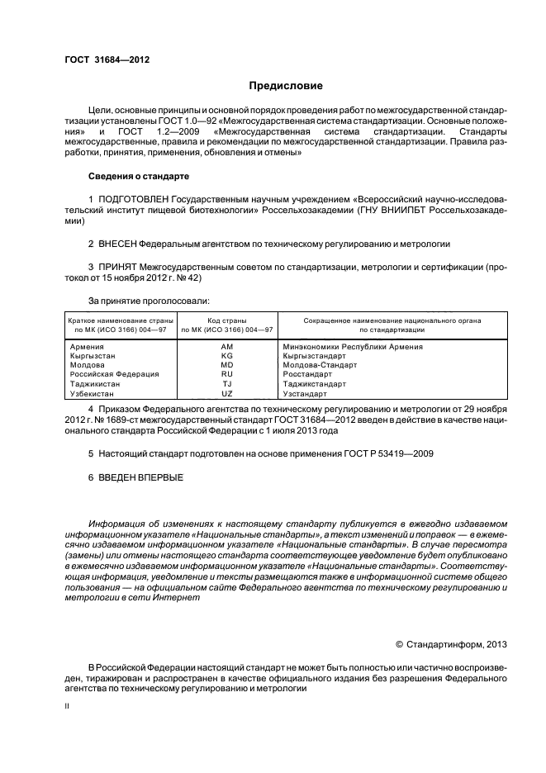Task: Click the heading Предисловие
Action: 286,86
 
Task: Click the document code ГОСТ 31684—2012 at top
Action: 107,59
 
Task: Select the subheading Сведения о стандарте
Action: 139,177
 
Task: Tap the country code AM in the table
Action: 227,347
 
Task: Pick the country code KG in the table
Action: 227,356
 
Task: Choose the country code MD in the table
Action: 227,365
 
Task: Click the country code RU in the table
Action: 227,374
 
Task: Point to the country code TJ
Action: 227,384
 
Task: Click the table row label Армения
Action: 87,347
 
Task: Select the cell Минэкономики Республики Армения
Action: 352,347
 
